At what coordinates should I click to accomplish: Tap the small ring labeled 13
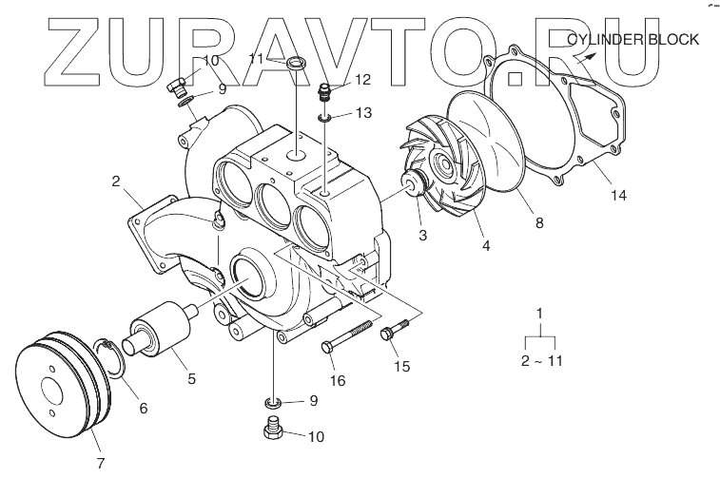tap(325, 118)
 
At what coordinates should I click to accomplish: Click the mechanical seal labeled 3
tap(415, 186)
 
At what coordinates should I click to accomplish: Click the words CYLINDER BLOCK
tap(632, 40)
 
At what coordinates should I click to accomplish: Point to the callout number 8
tap(539, 224)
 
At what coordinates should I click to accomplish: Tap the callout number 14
tap(619, 197)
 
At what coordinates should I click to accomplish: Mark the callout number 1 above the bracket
tap(540, 313)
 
